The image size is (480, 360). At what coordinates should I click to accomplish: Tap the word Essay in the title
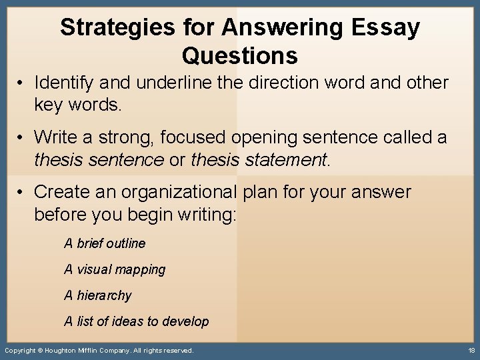pos(389,28)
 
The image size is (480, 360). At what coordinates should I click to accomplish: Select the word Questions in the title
pos(239,55)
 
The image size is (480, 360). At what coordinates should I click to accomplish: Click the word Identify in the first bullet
pos(63,83)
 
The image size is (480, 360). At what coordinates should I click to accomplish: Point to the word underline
pos(174,83)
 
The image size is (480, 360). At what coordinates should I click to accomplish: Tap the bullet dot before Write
pos(22,137)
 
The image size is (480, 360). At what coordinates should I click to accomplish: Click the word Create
pos(64,192)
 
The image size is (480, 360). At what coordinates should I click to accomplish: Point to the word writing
pos(205,215)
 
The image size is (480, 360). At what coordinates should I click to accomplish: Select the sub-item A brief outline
pos(105,243)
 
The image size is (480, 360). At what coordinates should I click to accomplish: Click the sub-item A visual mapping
pos(115,269)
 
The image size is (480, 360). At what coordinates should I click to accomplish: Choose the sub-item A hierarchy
pos(98,295)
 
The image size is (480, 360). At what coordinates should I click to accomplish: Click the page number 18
pos(471,350)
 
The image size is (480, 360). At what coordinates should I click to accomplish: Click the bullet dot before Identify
pos(22,83)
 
